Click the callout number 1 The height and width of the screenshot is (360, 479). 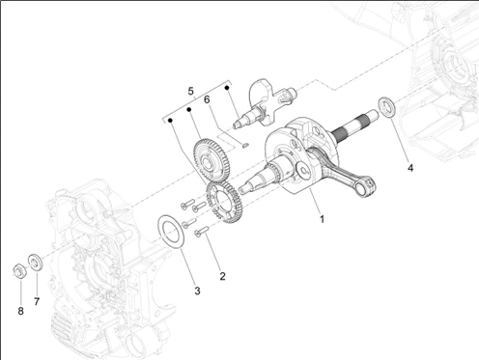[x=322, y=219]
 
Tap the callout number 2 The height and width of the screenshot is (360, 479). [x=222, y=276]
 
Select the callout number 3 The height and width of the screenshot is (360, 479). [x=197, y=291]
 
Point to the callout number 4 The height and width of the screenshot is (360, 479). [x=410, y=168]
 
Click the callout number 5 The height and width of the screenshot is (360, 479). [x=191, y=92]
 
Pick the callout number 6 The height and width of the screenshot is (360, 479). [x=207, y=99]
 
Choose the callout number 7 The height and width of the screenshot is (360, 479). [x=37, y=302]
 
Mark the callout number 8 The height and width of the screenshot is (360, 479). [x=20, y=311]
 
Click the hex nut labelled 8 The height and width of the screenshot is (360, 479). [x=19, y=270]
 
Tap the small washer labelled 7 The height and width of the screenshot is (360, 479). [x=35, y=263]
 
